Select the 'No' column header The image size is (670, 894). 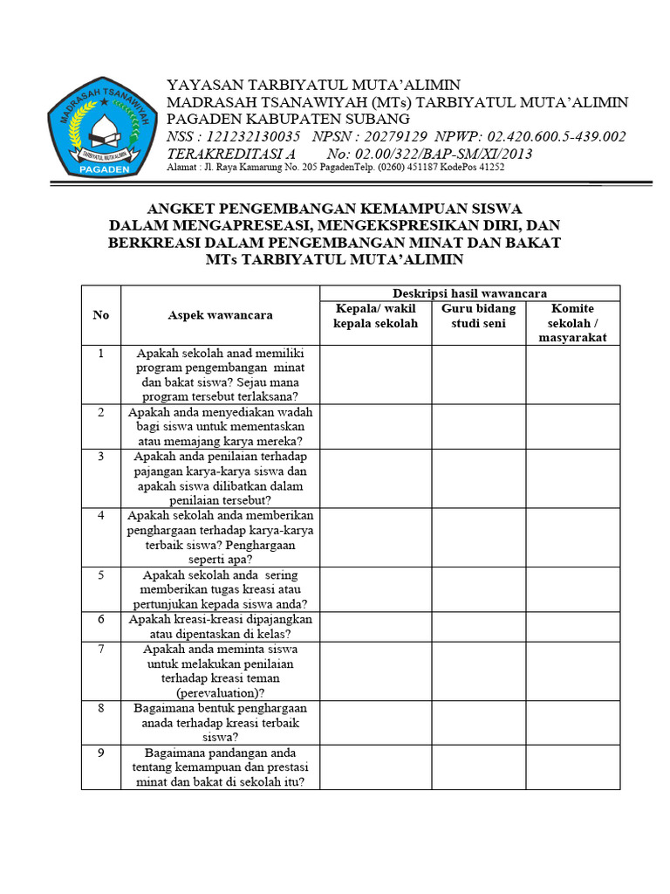click(101, 315)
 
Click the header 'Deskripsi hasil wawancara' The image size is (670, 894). click(469, 293)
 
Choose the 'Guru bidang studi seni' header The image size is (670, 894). click(478, 316)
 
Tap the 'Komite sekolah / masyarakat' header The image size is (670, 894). click(572, 323)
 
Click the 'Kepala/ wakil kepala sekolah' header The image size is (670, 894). click(375, 316)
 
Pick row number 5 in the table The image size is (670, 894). click(101, 575)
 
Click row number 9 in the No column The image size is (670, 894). click(101, 753)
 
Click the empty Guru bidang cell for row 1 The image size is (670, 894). click(478, 375)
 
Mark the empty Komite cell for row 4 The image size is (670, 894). click(572, 537)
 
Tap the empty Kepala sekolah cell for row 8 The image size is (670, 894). click(375, 722)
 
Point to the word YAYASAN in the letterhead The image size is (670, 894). click(206, 85)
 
